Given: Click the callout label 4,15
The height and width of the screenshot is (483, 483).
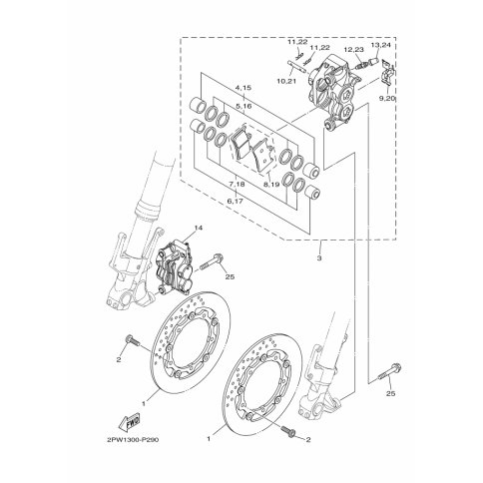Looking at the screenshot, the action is (243, 88).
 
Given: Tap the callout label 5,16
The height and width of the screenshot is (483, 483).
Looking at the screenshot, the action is (243, 106).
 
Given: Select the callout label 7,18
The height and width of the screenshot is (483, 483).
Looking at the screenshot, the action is (237, 184).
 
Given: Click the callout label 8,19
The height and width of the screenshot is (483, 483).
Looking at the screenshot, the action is (271, 184).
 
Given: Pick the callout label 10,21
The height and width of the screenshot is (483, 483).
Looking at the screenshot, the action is (286, 81).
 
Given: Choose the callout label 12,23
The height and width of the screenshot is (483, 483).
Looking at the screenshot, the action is (354, 49).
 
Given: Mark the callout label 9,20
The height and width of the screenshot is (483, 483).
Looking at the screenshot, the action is (388, 98).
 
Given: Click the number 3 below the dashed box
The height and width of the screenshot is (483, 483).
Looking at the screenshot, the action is (319, 258).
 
